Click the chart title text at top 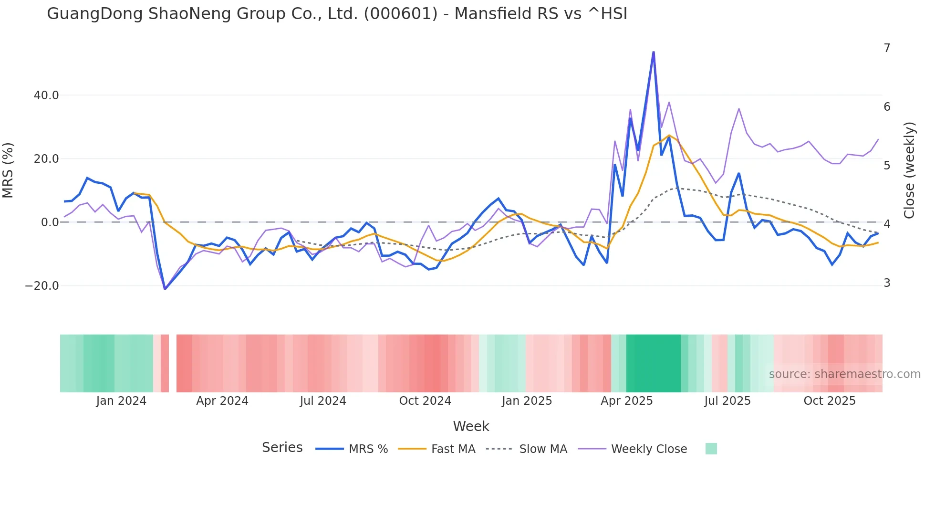tap(337, 13)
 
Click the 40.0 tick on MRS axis tap(46, 95)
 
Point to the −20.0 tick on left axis tap(42, 286)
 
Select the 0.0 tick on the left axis tap(50, 222)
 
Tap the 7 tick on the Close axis tap(887, 48)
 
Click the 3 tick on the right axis tap(887, 283)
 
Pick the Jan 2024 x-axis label tap(121, 401)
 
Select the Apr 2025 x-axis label tap(626, 401)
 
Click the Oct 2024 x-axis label tap(425, 401)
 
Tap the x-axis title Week tap(471, 426)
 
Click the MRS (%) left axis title tap(8, 170)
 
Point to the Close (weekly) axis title tap(909, 170)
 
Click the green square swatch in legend tap(711, 449)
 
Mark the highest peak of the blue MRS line tap(654, 52)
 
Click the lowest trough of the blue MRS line tap(165, 289)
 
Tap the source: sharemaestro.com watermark tap(844, 374)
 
